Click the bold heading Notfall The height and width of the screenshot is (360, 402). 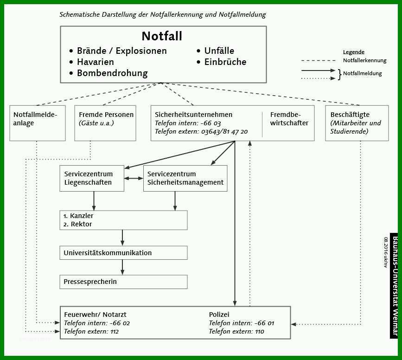(x=162, y=36)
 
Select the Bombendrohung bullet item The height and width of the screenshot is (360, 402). (x=108, y=73)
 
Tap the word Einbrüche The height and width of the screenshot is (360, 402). (x=225, y=62)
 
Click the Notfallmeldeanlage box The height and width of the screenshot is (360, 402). (x=38, y=123)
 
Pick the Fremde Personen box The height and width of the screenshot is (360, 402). (x=105, y=123)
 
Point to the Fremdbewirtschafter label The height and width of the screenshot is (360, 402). (x=289, y=119)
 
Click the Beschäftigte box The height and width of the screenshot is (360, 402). (x=357, y=123)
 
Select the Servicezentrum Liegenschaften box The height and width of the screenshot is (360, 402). (x=92, y=178)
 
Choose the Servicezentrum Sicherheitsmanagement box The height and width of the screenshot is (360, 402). (x=185, y=178)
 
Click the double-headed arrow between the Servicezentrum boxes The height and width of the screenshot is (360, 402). (x=134, y=178)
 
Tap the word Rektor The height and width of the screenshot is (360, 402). (x=81, y=224)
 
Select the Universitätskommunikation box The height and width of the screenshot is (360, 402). (x=123, y=253)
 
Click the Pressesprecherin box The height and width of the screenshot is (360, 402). (x=123, y=282)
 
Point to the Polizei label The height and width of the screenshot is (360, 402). (x=219, y=315)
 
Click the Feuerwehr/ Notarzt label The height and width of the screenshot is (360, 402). (x=95, y=315)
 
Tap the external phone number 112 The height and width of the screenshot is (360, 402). (x=115, y=332)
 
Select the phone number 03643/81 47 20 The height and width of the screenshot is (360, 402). (x=224, y=132)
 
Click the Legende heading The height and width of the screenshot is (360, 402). (x=353, y=52)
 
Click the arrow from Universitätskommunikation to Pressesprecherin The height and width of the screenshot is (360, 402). (x=122, y=267)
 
